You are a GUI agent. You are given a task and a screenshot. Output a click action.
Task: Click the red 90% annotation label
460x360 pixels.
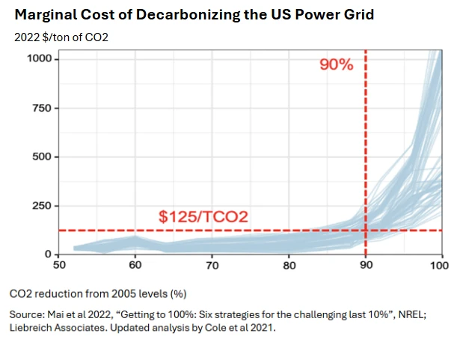coord(336,65)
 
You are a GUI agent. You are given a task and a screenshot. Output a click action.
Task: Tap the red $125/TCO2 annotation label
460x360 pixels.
coord(203,217)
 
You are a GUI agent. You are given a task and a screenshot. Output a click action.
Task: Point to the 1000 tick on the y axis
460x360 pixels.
coord(40,59)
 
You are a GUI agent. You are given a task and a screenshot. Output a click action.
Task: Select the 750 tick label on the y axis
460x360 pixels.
coord(43,109)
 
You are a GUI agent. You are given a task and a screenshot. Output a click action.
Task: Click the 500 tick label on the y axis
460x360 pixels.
coord(43,157)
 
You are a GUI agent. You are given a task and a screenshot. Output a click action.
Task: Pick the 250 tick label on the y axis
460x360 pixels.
coord(43,206)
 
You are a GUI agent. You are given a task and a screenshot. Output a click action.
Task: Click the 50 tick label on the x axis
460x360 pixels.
coord(58,265)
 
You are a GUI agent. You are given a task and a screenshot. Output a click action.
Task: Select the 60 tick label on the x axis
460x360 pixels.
coord(135,265)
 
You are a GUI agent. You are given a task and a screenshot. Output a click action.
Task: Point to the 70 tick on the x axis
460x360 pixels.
coord(212,265)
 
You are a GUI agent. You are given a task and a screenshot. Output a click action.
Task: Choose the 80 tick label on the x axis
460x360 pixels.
coord(289,265)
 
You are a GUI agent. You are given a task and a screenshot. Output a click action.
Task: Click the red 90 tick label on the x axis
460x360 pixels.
coord(366,265)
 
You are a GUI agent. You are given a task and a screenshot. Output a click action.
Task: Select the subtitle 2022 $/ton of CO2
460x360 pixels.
coord(61,37)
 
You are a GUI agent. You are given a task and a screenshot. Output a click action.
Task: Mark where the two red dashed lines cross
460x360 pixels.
coord(366,231)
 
